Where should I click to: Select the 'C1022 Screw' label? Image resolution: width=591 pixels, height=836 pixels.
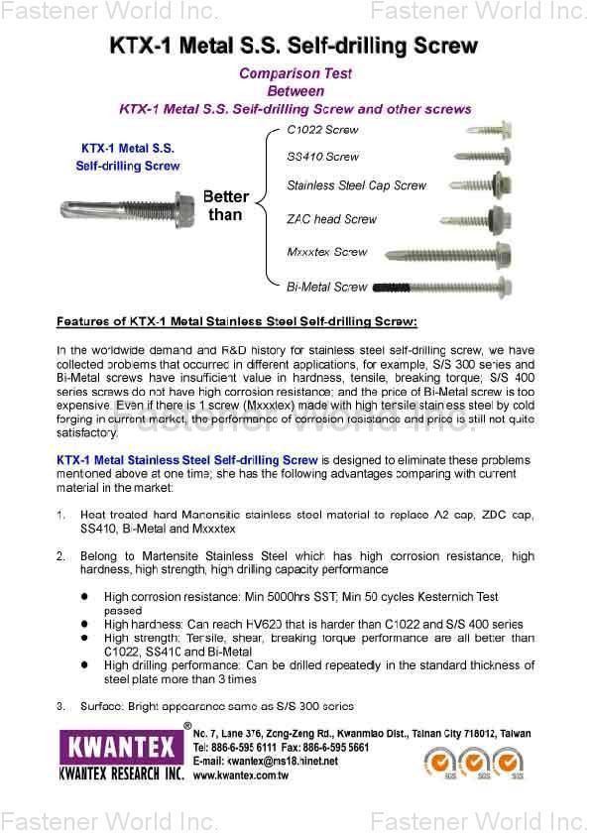tap(322, 130)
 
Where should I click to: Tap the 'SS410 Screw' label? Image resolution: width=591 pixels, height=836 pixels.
tap(322, 157)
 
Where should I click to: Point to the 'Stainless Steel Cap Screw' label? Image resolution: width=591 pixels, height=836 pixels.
tap(356, 185)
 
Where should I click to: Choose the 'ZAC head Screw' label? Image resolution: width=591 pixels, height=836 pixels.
tap(331, 219)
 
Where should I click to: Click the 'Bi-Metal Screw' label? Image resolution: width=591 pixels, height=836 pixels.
tap(326, 287)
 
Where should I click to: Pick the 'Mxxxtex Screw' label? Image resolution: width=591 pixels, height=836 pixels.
tap(326, 252)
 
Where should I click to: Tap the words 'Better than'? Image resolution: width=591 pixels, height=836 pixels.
tap(225, 205)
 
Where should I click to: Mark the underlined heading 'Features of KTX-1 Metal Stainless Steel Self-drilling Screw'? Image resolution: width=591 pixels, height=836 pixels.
tap(237, 322)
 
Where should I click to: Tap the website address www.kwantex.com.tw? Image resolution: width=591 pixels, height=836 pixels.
tap(241, 776)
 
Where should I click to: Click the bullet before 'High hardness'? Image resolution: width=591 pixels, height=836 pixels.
tap(84, 625)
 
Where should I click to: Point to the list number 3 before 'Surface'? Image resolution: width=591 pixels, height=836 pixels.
tap(60, 706)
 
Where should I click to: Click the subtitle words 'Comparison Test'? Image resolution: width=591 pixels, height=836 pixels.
tap(295, 73)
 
